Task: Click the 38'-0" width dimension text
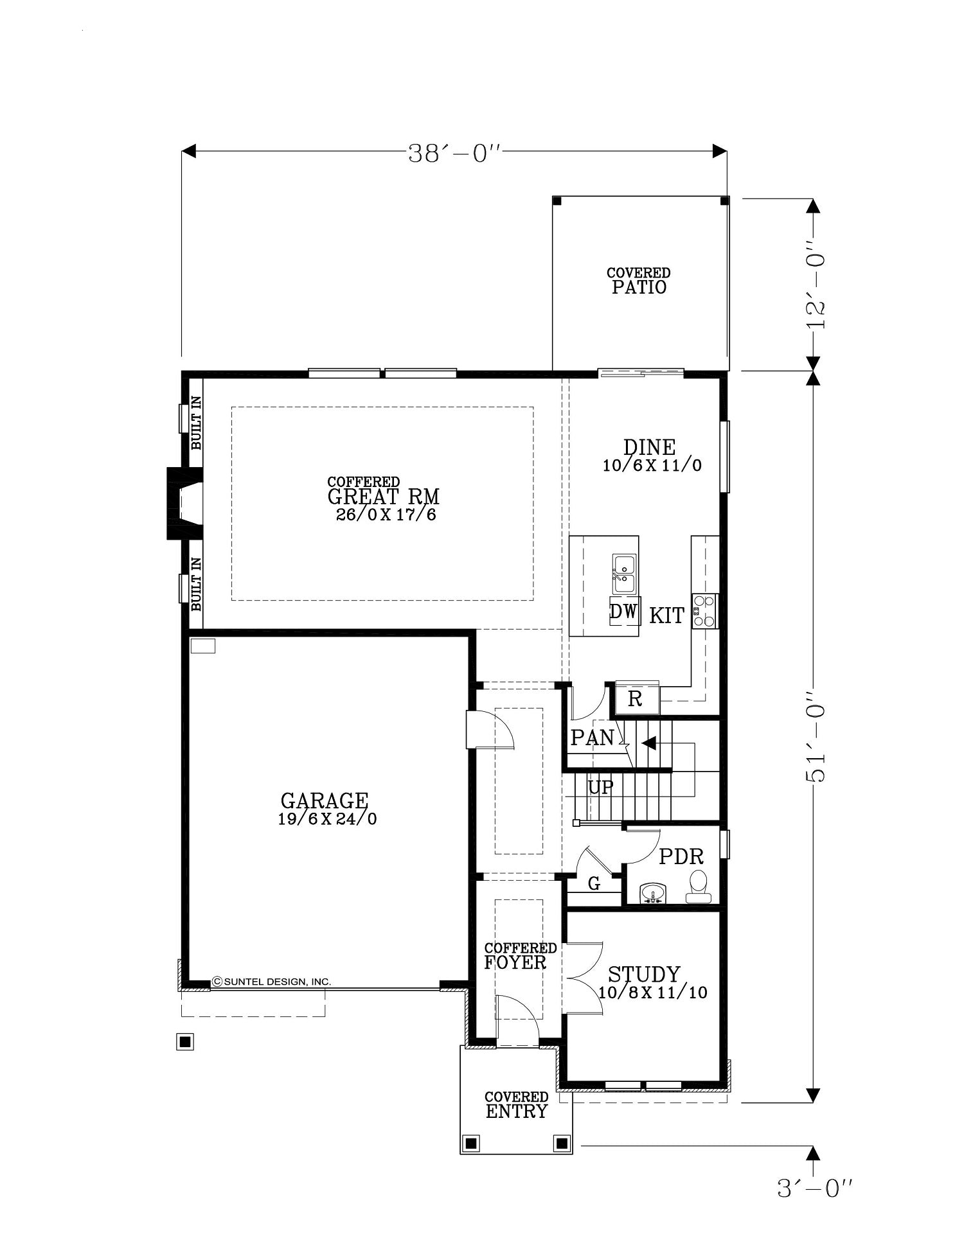pyautogui.click(x=454, y=154)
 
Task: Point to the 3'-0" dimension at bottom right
pyautogui.click(x=815, y=1189)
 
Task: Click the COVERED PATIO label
pyautogui.click(x=638, y=281)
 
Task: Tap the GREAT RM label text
pyautogui.click(x=383, y=497)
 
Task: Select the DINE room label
pyautogui.click(x=649, y=447)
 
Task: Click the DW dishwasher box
pyautogui.click(x=623, y=611)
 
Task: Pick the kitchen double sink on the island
pyautogui.click(x=623, y=574)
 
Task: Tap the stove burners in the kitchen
pyautogui.click(x=704, y=611)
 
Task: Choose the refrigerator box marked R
pyautogui.click(x=635, y=699)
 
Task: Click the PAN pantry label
pyautogui.click(x=593, y=738)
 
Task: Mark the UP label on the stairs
pyautogui.click(x=600, y=787)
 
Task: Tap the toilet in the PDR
pyautogui.click(x=698, y=887)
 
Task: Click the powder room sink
pyautogui.click(x=653, y=894)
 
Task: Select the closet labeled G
pyautogui.click(x=594, y=884)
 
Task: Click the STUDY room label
pyautogui.click(x=644, y=974)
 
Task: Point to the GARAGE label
pyautogui.click(x=325, y=800)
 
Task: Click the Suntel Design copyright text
pyautogui.click(x=272, y=981)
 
